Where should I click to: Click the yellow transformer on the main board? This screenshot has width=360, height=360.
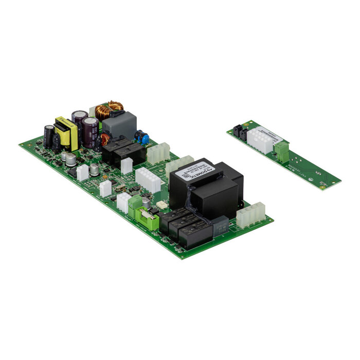(65, 133)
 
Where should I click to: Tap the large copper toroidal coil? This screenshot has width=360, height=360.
(109, 110)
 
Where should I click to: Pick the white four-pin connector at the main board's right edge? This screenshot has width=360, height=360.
(250, 214)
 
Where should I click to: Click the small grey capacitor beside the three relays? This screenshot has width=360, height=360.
(220, 225)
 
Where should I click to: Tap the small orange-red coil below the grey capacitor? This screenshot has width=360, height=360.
(105, 139)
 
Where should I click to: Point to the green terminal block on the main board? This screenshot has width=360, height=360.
(135, 205)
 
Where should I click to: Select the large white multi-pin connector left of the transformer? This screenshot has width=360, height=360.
(148, 179)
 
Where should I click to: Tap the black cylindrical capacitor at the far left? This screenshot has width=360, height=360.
(48, 136)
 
